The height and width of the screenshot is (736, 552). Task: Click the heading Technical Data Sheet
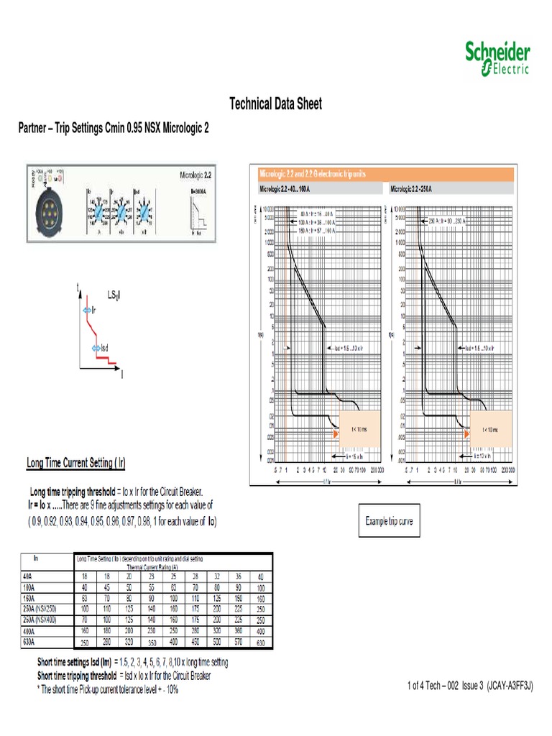click(275, 104)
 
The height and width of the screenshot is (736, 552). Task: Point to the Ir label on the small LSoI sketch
click(93, 310)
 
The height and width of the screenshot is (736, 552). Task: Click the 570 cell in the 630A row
click(238, 643)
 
